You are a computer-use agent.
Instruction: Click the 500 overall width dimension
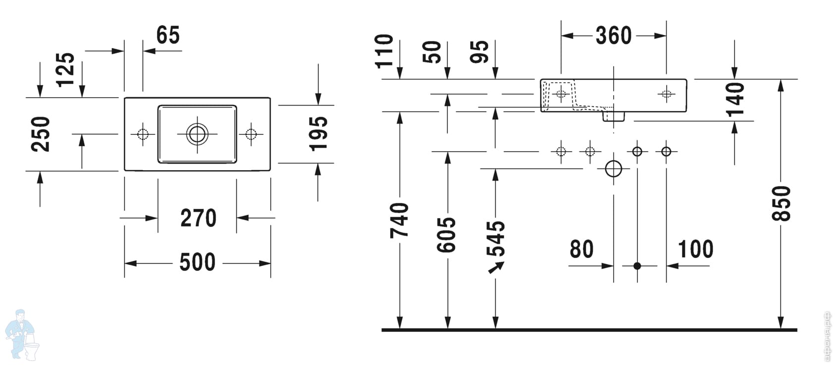197,262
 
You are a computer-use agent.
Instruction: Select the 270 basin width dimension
198,218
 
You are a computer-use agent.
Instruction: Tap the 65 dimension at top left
168,36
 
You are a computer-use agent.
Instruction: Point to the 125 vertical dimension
65,69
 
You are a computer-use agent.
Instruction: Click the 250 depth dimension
41,134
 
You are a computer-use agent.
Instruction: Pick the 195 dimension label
318,133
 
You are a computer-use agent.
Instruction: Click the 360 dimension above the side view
613,36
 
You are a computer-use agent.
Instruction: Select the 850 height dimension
782,203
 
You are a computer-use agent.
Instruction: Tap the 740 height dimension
399,220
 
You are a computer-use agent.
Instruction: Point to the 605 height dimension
447,234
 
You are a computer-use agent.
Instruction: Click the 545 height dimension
496,239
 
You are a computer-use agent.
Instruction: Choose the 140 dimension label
734,99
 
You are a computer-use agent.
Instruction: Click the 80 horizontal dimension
581,249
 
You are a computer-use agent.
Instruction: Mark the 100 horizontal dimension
695,249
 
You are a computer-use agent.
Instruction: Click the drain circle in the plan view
197,134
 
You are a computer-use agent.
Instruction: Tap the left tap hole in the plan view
143,134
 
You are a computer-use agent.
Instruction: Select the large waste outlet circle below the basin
614,169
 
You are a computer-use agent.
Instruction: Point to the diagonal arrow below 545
496,268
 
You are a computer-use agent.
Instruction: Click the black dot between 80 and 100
637,266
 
